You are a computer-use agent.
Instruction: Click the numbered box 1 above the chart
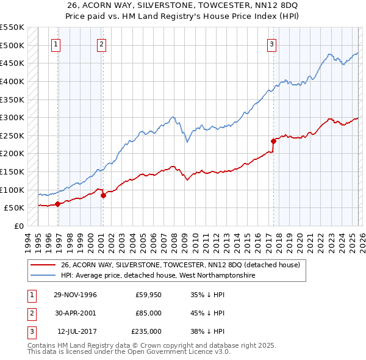pos(56,43)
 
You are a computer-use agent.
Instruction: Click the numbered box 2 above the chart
pos(101,43)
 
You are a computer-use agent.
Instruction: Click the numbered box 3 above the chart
pos(271,43)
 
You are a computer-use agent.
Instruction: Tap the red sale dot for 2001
pos(103,195)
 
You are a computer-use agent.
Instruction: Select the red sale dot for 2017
pos(273,141)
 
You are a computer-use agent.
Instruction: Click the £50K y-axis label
pos(15,208)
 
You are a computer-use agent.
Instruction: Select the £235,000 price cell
pos(146,331)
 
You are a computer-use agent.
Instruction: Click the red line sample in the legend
pos(43,265)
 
